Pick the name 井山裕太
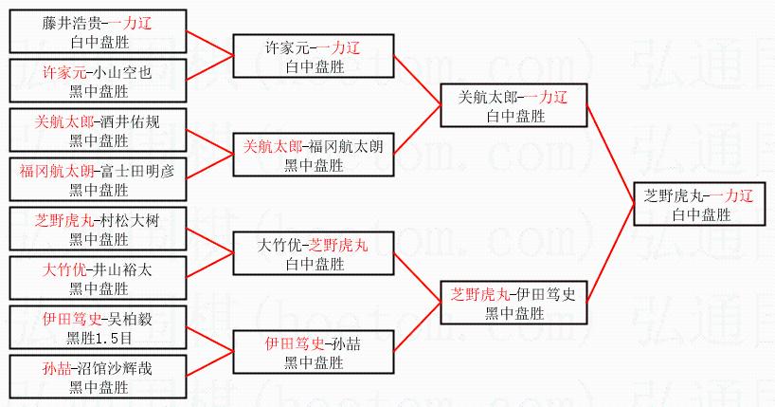[121, 270]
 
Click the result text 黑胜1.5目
[99, 338]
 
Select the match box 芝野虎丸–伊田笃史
[513, 304]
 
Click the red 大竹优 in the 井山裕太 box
[63, 270]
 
